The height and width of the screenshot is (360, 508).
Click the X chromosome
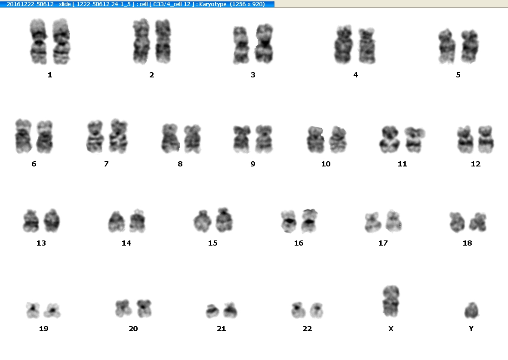pyautogui.click(x=391, y=302)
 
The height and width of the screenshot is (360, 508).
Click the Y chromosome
pyautogui.click(x=471, y=311)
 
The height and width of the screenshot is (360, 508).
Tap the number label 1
pyautogui.click(x=50, y=75)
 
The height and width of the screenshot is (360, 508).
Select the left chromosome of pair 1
pyautogui.click(x=39, y=41)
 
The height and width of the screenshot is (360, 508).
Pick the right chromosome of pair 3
pyautogui.click(x=265, y=43)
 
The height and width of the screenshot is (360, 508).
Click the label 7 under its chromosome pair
pyautogui.click(x=106, y=164)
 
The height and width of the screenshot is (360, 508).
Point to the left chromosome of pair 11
pyautogui.click(x=390, y=139)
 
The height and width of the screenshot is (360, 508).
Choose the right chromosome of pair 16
pyautogui.click(x=309, y=221)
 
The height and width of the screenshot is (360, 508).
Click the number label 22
pyautogui.click(x=307, y=329)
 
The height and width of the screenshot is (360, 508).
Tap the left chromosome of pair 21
pyautogui.click(x=212, y=311)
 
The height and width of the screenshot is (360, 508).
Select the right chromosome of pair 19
pyautogui.click(x=52, y=311)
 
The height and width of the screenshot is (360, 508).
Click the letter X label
pyautogui.click(x=391, y=329)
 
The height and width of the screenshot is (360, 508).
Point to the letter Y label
pyautogui.click(x=471, y=329)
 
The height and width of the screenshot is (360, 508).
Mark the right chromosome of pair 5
pyautogui.click(x=470, y=46)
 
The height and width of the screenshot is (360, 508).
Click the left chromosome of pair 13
pyautogui.click(x=31, y=221)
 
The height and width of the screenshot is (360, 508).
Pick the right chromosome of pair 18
pyautogui.click(x=478, y=222)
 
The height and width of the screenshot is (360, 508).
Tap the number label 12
pyautogui.click(x=476, y=164)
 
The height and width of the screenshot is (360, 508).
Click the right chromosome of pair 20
pyautogui.click(x=144, y=308)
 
